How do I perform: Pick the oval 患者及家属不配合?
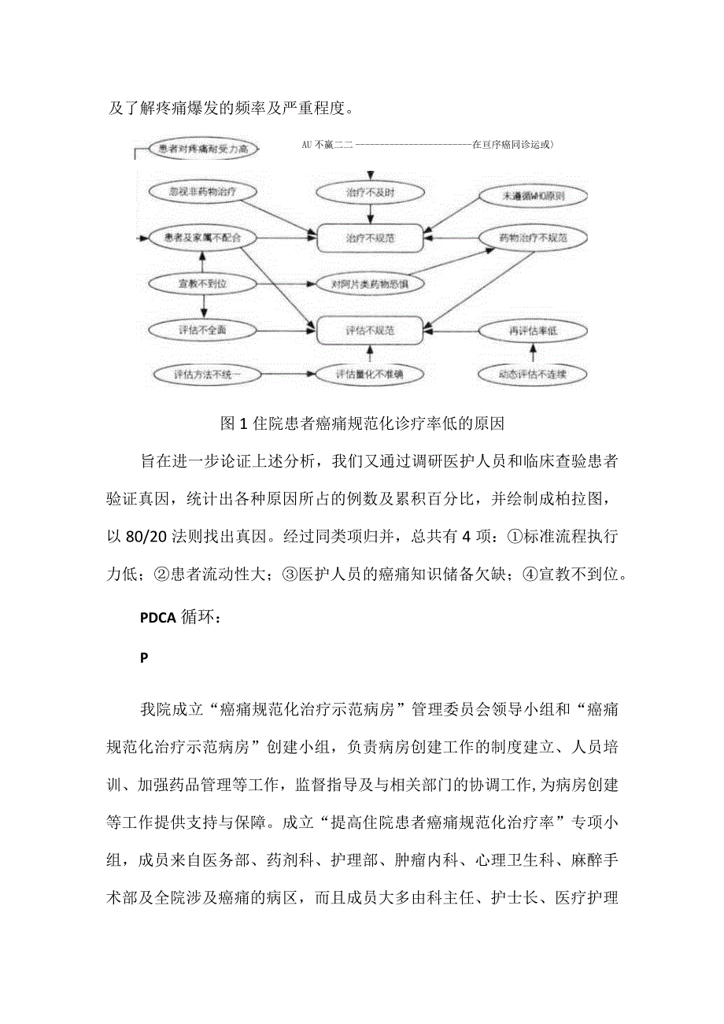198,237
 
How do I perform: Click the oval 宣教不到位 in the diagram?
203,283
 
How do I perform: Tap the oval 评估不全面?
203,330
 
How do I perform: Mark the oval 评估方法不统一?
206,375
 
